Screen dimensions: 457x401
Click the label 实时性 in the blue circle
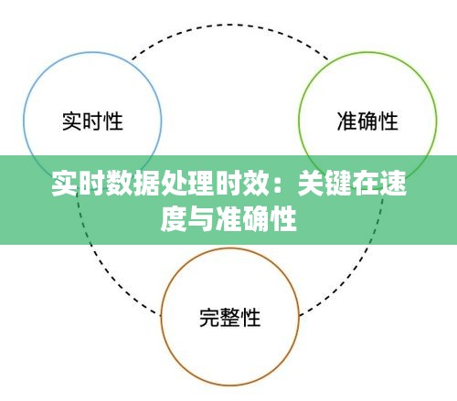pyautogui.click(x=92, y=121)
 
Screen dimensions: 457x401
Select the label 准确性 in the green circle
pyautogui.click(x=367, y=121)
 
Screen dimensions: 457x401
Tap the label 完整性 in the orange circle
pyautogui.click(x=230, y=318)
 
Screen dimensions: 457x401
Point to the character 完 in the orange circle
pyautogui.click(x=209, y=318)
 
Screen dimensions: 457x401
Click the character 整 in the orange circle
pyautogui.click(x=230, y=318)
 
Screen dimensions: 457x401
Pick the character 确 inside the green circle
pyautogui.click(x=367, y=121)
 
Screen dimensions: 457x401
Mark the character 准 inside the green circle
pyautogui.click(x=347, y=121)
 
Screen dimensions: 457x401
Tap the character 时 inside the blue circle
pyautogui.click(x=92, y=121)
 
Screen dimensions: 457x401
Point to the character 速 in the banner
pyautogui.click(x=393, y=184)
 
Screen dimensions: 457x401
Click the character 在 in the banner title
pyautogui.click(x=366, y=184)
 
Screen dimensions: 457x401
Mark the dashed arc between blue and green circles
pyautogui.click(x=230, y=25)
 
